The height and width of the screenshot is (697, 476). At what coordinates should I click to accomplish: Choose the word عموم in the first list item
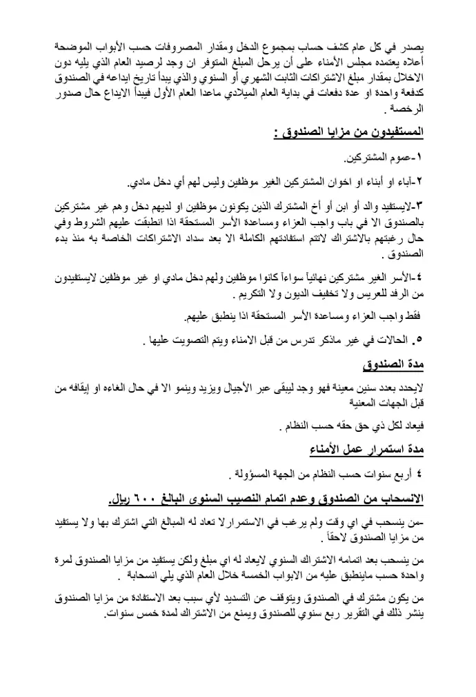pyautogui.click(x=397, y=159)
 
